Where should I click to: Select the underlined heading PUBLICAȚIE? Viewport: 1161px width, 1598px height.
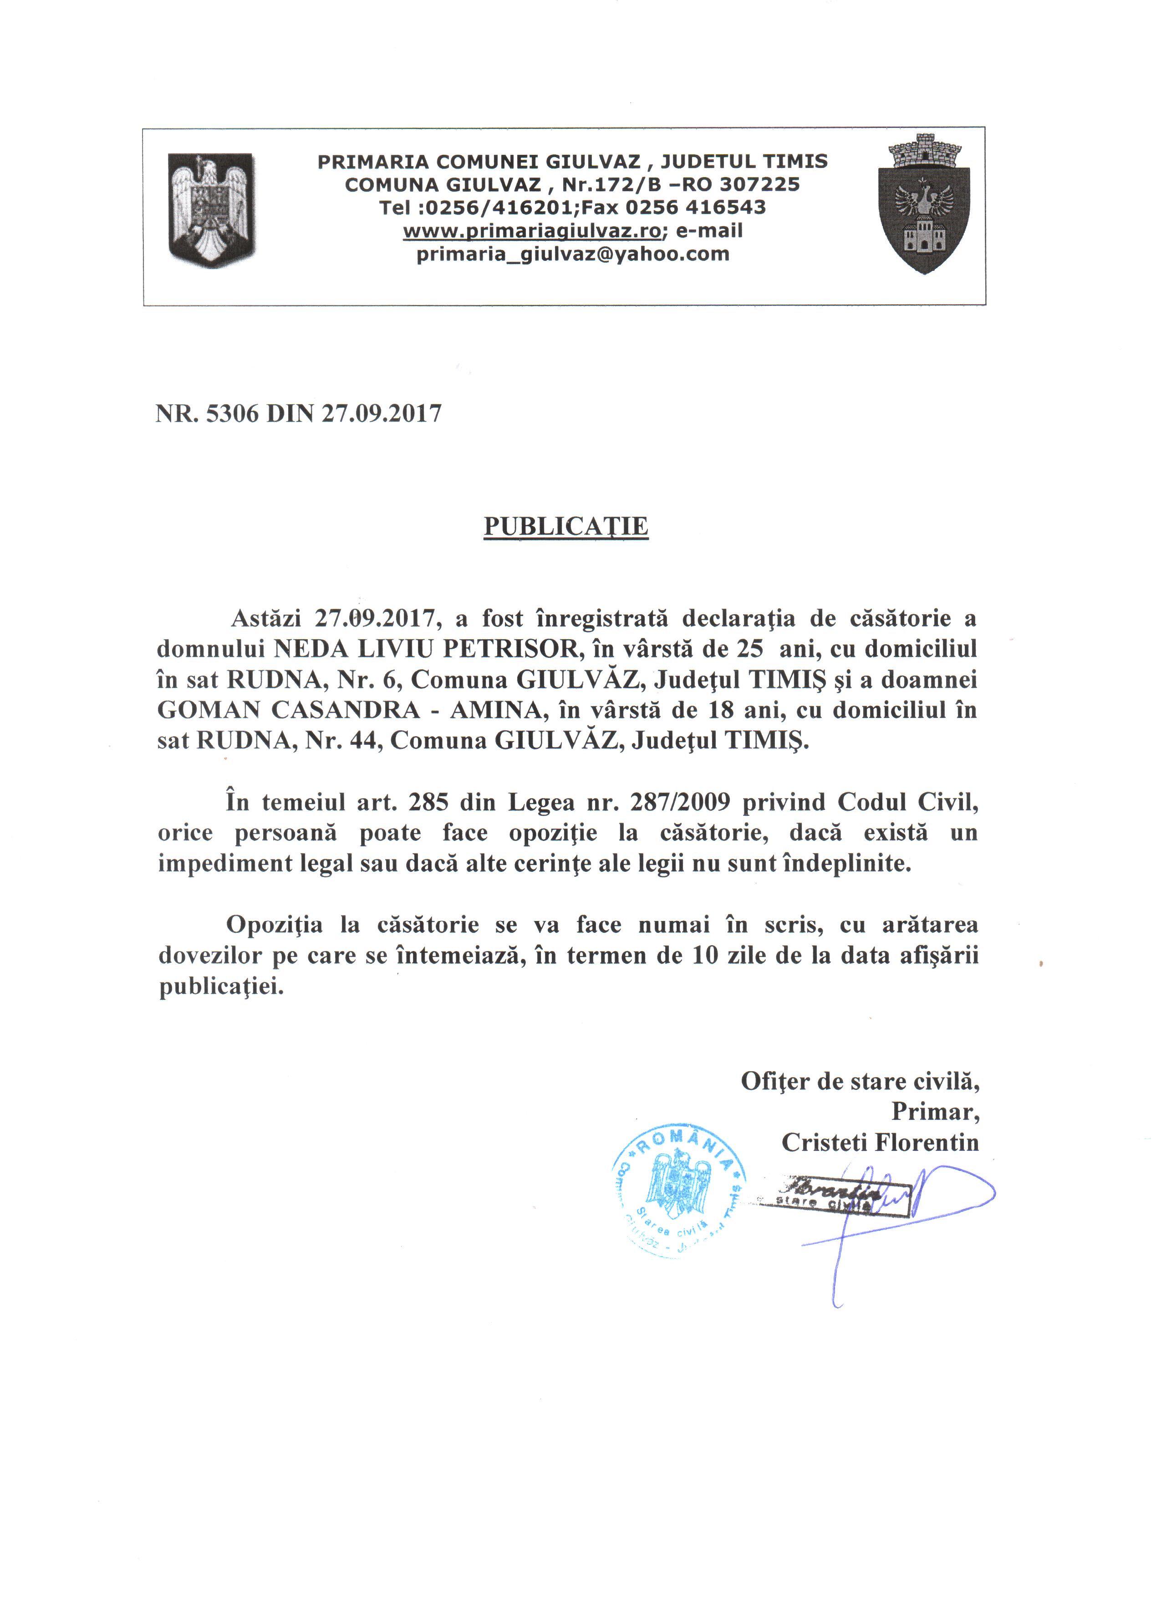coord(566,527)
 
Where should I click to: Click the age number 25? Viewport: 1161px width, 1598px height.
coord(749,649)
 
